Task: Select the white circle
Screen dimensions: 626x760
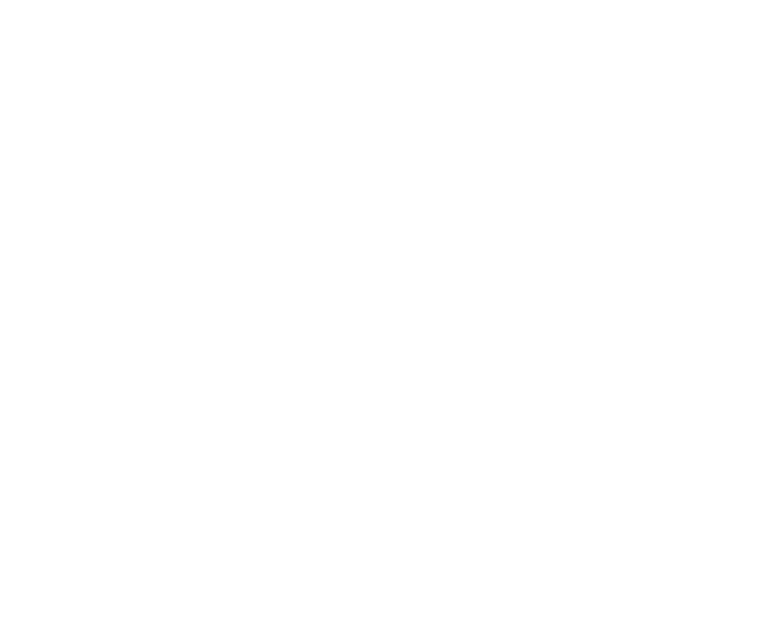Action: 428,436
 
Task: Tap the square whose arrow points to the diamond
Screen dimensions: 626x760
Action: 278,73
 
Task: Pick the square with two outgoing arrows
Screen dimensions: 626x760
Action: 49,272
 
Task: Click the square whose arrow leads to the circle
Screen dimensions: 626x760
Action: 281,272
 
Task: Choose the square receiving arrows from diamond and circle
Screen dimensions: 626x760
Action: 589,244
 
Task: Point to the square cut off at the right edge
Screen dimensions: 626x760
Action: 710,530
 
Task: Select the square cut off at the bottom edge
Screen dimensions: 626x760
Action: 317,575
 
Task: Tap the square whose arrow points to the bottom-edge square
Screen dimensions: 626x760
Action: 104,471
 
